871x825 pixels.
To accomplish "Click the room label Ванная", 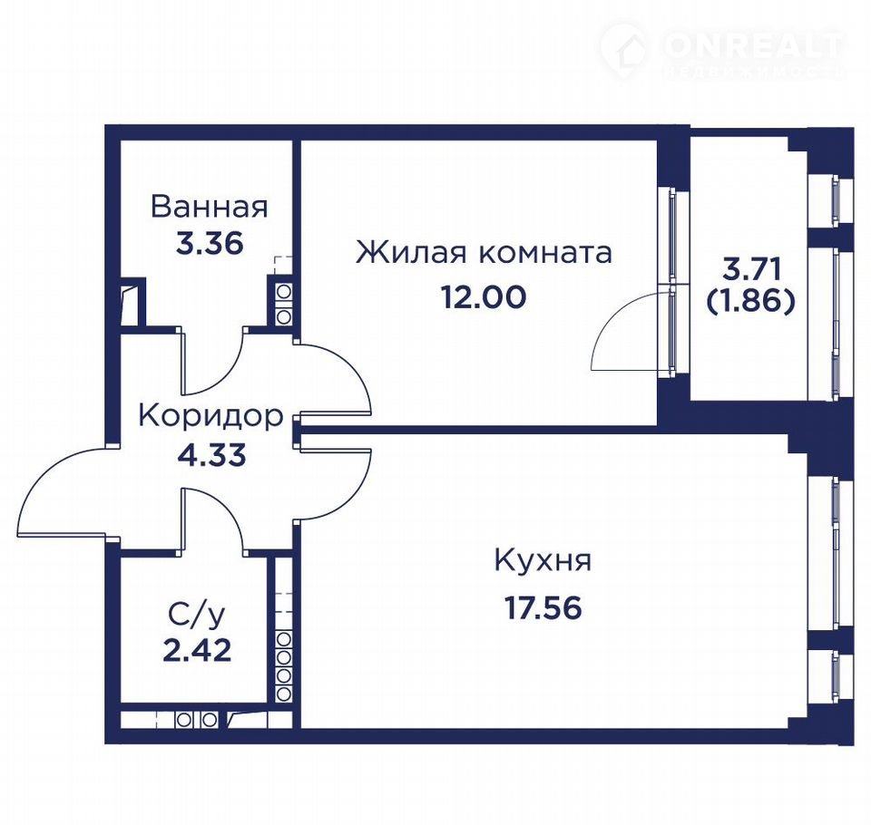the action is click(x=210, y=207).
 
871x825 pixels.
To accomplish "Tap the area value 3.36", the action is click(x=210, y=243).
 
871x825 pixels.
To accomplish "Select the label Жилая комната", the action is click(x=484, y=253).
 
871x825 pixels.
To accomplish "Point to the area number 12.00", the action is click(x=484, y=297).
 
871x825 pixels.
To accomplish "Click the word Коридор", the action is click(x=210, y=417).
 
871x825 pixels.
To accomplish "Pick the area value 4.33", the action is click(x=211, y=456).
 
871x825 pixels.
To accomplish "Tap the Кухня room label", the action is click(x=543, y=561).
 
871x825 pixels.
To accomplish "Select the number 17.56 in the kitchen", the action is click(x=543, y=607).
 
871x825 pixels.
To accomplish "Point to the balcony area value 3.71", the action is click(x=751, y=269).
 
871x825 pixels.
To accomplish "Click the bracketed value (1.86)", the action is click(x=751, y=302).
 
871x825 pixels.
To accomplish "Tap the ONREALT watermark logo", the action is click(x=722, y=51).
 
